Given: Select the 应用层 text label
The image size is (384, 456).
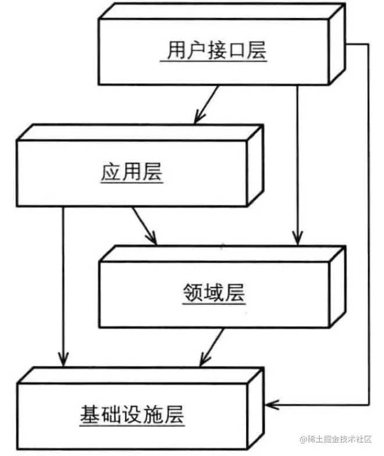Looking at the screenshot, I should point(132,173).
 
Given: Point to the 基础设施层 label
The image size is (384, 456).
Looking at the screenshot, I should point(131,415).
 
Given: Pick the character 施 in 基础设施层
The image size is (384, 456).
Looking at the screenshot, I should point(152,415).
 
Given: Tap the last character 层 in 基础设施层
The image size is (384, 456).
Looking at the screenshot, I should point(173,415).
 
